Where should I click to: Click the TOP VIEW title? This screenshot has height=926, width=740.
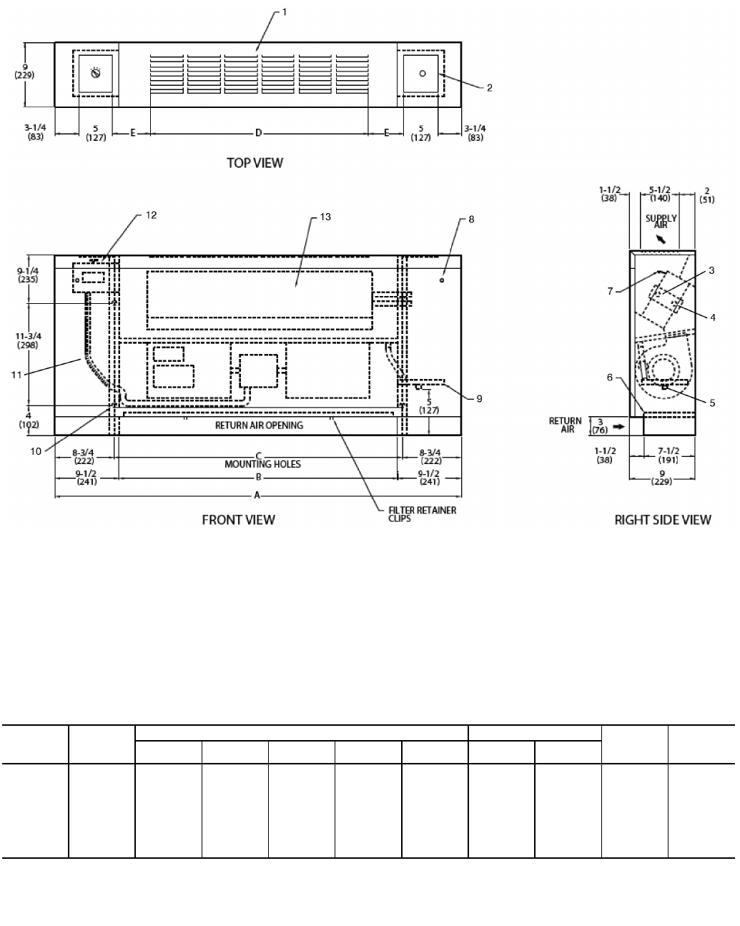click(x=255, y=163)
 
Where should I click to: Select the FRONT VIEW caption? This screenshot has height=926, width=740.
click(x=238, y=520)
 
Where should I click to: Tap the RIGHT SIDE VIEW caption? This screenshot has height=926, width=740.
click(x=663, y=520)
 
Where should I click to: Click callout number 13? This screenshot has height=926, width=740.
click(x=325, y=217)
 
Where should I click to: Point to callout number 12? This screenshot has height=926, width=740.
click(x=151, y=215)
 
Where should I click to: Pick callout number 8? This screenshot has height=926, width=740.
click(x=471, y=220)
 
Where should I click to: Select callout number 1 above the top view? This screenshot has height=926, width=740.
click(x=284, y=12)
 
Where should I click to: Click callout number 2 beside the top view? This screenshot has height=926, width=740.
click(x=489, y=88)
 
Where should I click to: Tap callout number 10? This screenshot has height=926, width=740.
click(x=36, y=451)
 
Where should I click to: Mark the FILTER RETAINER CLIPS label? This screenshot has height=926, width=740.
click(x=422, y=514)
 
